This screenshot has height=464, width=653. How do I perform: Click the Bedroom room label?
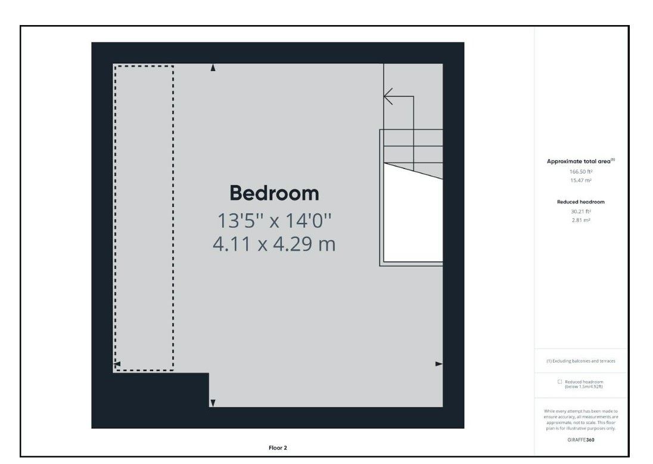coord(274,193)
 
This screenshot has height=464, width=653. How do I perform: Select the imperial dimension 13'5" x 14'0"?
coord(274,221)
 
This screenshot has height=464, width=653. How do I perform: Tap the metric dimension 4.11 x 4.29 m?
coord(274,244)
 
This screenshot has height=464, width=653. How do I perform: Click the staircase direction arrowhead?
coord(388,96)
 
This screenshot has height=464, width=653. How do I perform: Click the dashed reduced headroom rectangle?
coord(144,218)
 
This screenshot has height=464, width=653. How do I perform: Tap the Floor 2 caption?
coord(278,447)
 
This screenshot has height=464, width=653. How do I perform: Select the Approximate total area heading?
coord(580,161)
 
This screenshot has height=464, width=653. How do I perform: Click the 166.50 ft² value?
coord(580,171)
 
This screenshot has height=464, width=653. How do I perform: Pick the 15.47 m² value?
coord(580,180)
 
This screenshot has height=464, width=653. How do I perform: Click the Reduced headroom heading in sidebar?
coord(580,202)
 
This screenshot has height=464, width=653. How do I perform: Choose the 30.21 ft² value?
coord(580,211)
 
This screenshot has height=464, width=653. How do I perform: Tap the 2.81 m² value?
coord(580,221)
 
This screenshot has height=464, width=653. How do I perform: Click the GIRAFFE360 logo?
coord(580,440)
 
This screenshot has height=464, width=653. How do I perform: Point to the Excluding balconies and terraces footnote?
coord(580,361)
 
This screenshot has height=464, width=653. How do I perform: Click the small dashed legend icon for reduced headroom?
coord(559,382)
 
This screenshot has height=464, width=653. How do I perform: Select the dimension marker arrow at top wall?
coord(213,68)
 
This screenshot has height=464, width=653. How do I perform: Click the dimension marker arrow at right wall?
coord(439,363)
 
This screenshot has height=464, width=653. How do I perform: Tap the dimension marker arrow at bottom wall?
coord(213,403)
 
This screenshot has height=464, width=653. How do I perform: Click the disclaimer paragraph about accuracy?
coord(580,419)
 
